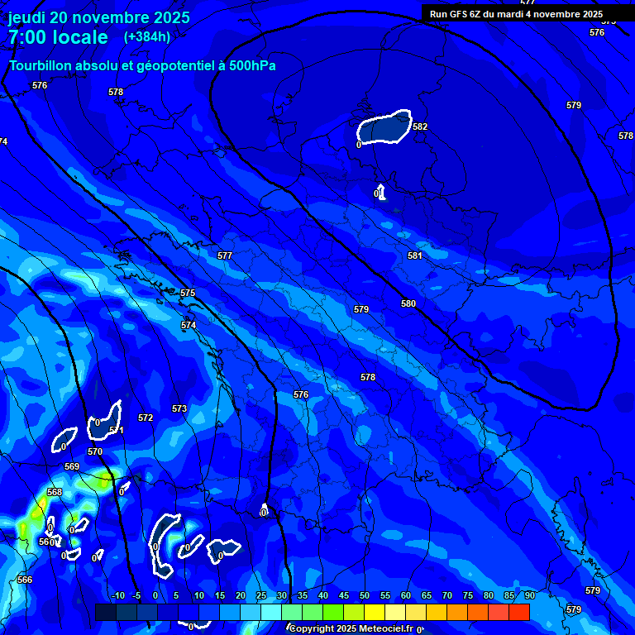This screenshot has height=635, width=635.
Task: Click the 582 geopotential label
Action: (x=420, y=127)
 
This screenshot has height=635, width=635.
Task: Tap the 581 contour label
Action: (x=414, y=255)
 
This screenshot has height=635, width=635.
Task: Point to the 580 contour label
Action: (x=408, y=303)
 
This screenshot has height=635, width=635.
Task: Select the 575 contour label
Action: (x=188, y=294)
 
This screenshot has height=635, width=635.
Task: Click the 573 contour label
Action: (x=179, y=408)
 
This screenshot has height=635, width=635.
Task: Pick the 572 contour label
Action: (x=146, y=418)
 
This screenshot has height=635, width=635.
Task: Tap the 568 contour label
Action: (x=55, y=492)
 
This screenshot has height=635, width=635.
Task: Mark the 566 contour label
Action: (x=25, y=580)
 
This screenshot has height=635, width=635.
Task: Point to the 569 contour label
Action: (x=72, y=467)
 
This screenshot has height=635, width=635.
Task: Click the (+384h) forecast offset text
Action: (x=147, y=36)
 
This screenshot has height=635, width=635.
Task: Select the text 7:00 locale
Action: (x=58, y=37)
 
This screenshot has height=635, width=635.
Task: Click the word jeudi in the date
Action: (x=27, y=17)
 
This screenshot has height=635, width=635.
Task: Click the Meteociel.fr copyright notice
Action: (x=356, y=628)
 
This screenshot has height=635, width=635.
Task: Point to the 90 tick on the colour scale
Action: (x=528, y=595)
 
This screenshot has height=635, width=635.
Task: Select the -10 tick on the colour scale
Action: (x=117, y=595)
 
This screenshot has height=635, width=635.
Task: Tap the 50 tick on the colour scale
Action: (x=365, y=595)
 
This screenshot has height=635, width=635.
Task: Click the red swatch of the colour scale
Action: (x=518, y=612)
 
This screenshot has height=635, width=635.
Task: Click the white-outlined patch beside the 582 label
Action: (x=384, y=127)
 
